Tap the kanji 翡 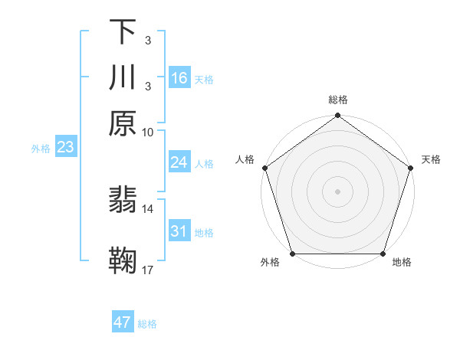coord(123,201)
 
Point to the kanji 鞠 coord(123,260)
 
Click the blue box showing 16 coord(179,78)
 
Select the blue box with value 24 coord(179,163)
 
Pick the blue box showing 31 coord(179,231)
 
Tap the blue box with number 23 coord(65,148)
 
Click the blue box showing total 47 coord(123,322)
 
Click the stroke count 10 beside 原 coord(148,132)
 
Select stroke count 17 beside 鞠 coord(148,270)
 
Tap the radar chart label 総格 coord(337,100)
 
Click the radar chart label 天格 coord(431,159)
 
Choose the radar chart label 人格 coord(245,159)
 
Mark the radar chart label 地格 coord(402,263)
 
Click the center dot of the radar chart coord(337,191)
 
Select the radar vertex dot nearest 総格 coord(337,116)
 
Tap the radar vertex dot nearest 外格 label coord(292,254)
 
